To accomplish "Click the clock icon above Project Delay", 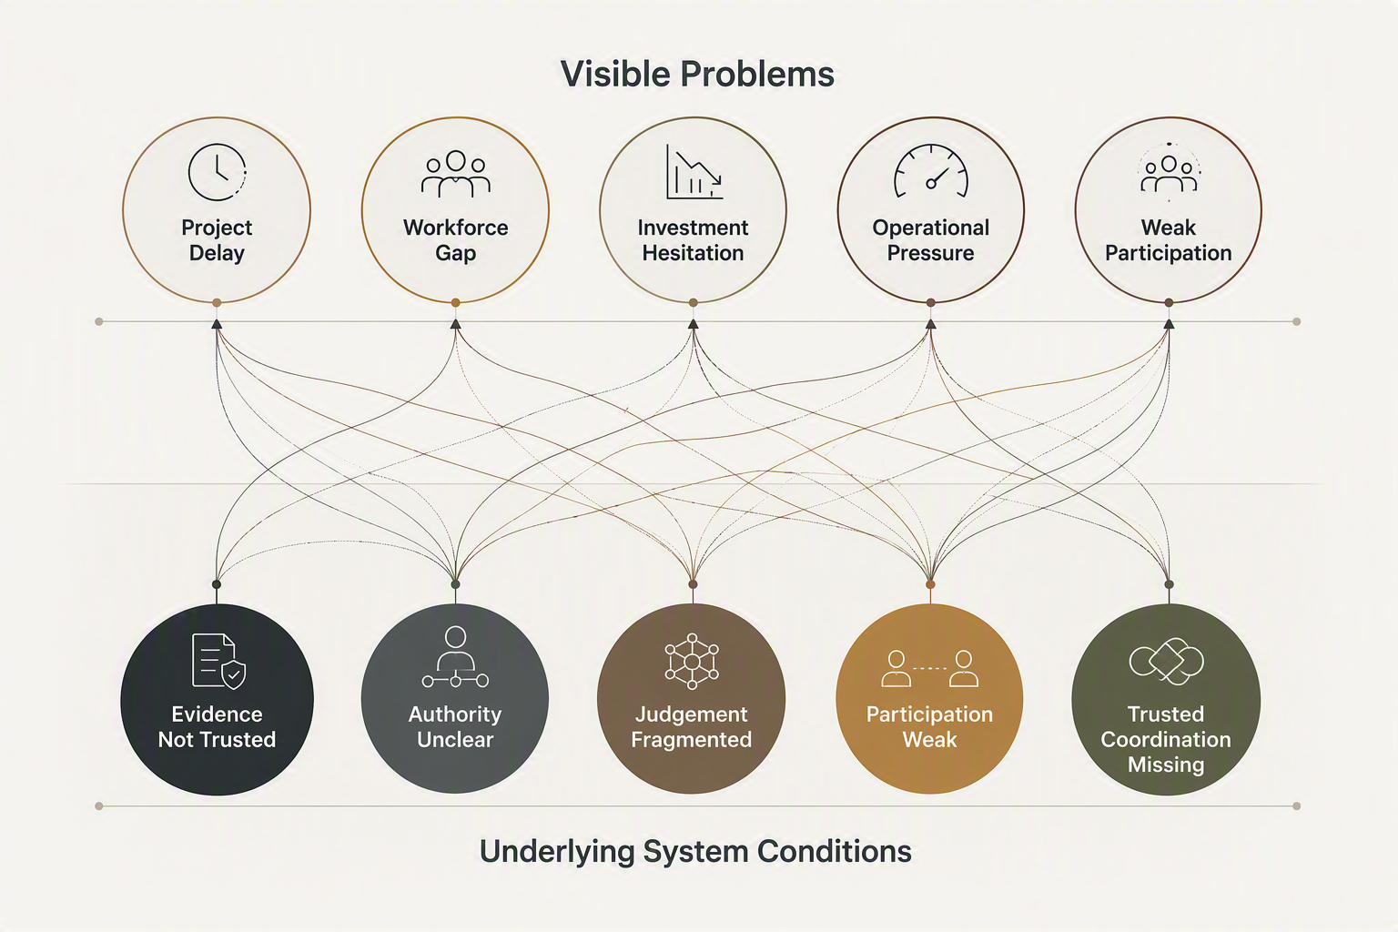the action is (218, 172).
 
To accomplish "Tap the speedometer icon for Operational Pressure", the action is (930, 171).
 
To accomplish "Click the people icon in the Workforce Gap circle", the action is (456, 174).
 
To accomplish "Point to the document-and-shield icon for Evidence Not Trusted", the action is (218, 661).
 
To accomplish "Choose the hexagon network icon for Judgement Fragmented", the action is (692, 661).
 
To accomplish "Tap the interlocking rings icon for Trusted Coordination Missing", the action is (1167, 661).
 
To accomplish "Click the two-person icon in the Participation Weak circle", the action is (930, 669).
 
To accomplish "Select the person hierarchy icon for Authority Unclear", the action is (456, 657).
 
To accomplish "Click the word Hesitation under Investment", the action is (693, 253).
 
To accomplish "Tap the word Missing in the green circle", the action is (1166, 765).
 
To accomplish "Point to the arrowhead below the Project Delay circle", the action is (217, 324).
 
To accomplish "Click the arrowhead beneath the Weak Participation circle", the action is (1169, 324).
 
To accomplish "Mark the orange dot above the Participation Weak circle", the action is (930, 584).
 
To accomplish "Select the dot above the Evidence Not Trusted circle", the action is (217, 584).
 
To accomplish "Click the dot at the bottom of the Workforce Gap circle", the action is (456, 303).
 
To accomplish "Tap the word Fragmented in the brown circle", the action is (692, 740).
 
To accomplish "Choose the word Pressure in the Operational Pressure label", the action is (930, 253).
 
